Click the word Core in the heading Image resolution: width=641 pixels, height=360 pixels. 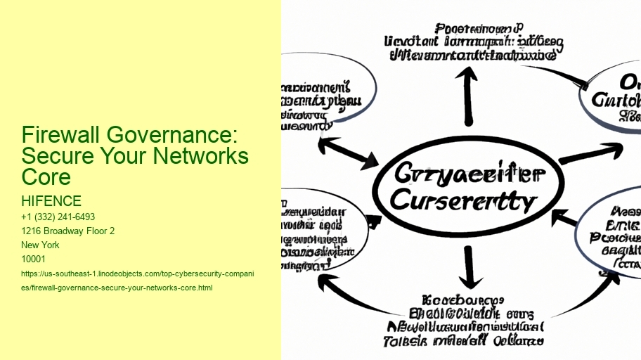[x=46, y=176]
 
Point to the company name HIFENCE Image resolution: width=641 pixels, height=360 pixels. [x=51, y=202]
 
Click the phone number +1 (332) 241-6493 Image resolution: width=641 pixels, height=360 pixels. [x=58, y=217]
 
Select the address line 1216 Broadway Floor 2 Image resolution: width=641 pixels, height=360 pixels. [x=68, y=231]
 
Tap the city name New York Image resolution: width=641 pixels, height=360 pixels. [x=41, y=245]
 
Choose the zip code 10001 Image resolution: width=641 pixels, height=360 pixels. [x=34, y=259]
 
